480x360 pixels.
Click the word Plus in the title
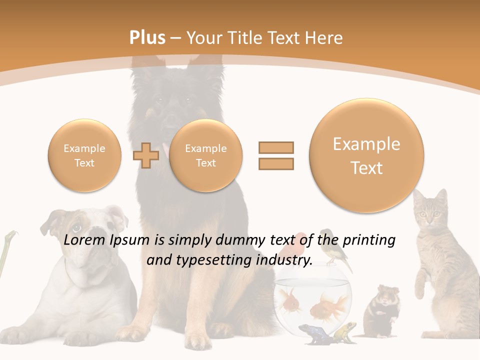pyautogui.click(x=147, y=38)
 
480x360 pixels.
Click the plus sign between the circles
pyautogui.click(x=145, y=155)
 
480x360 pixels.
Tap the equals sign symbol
pyautogui.click(x=276, y=155)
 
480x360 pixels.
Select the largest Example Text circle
pyautogui.click(x=366, y=155)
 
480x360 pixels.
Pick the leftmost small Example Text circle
pyautogui.click(x=84, y=155)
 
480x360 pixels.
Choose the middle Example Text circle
pyautogui.click(x=206, y=155)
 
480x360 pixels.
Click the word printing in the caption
pyautogui.click(x=369, y=240)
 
